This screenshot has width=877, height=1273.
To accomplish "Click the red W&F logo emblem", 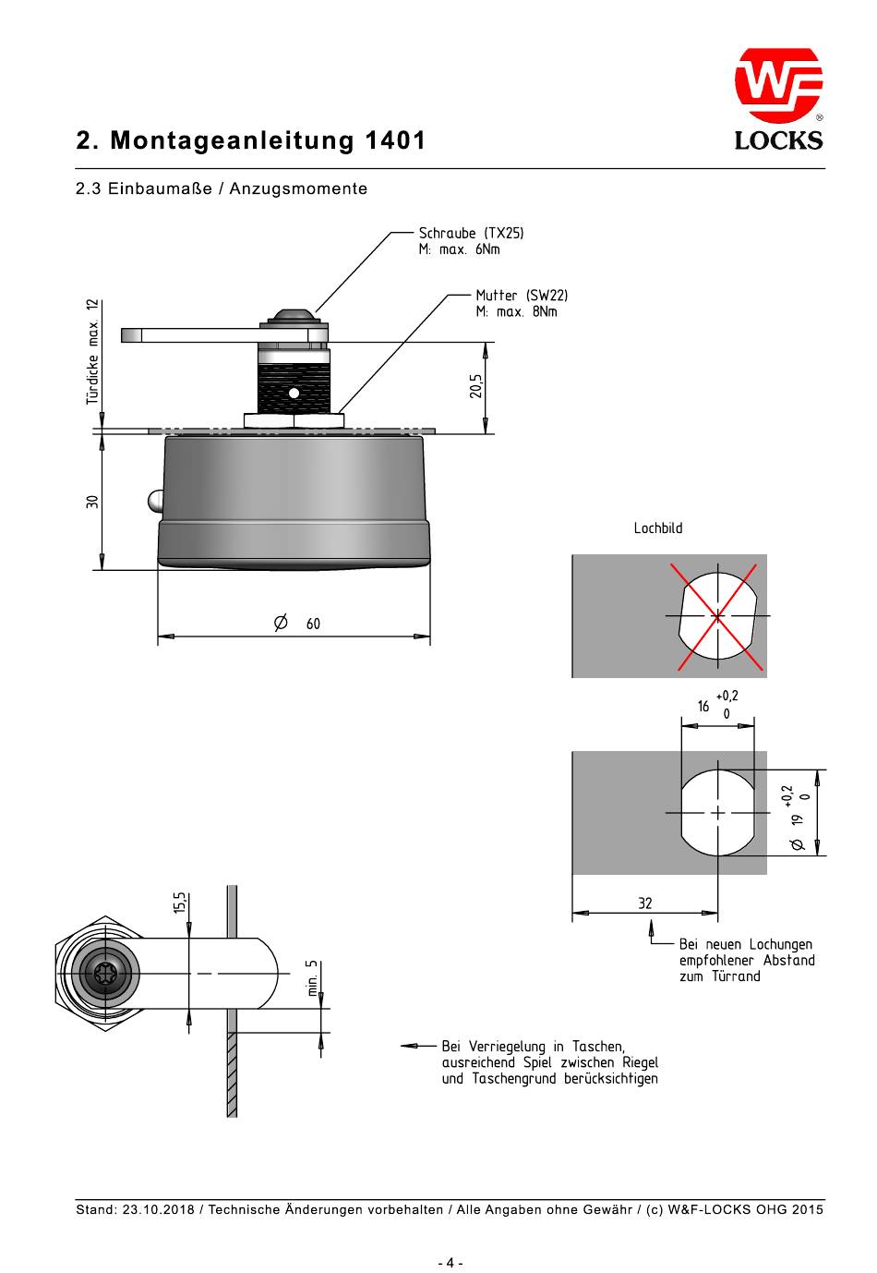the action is coord(778,85).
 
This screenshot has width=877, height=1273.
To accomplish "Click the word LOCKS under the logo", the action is coord(778,140).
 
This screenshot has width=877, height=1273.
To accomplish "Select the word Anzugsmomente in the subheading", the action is coord(298,188).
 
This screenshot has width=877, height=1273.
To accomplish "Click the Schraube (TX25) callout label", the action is coord(471,233).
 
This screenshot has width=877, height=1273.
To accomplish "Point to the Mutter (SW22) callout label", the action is coord(522,296).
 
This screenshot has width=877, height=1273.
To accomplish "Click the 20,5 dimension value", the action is coord(475,386).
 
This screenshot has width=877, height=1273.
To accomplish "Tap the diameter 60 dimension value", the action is coord(297,624).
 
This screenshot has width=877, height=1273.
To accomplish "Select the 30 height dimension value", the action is coord(92,502).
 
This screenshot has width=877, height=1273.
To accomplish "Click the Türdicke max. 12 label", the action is coord(92,352).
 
